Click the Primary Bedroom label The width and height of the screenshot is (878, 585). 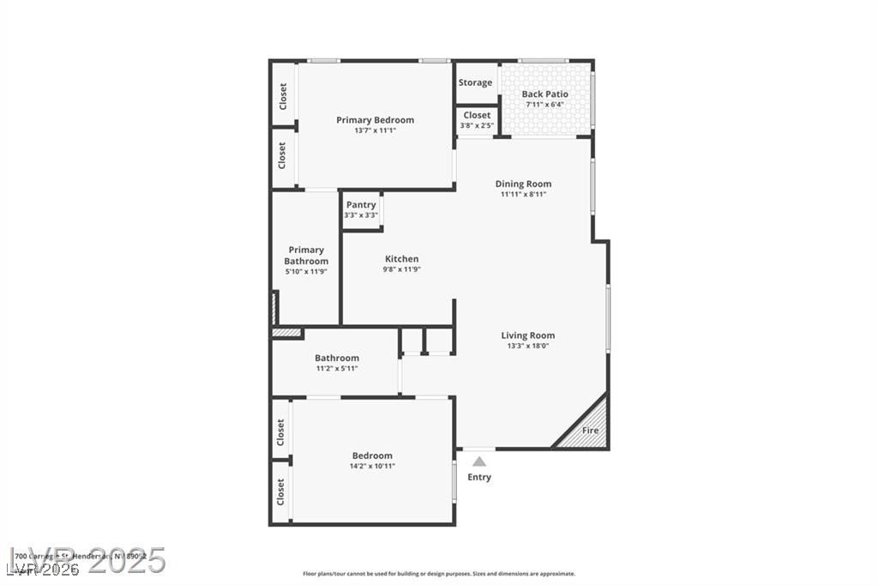[375, 120]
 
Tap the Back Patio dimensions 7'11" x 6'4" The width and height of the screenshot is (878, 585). [544, 105]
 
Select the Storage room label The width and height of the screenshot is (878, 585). [475, 82]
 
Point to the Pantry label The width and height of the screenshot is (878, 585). [361, 205]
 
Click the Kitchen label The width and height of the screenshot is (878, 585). [401, 259]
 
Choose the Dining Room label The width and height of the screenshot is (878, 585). [523, 184]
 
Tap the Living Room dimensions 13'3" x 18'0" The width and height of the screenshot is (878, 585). [527, 347]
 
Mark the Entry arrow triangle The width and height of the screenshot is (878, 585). [479, 461]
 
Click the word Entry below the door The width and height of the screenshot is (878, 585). [479, 477]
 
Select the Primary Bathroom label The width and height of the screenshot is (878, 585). [306, 256]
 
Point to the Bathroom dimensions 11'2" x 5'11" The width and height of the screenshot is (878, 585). [336, 369]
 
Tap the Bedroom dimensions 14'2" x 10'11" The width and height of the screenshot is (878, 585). [372, 467]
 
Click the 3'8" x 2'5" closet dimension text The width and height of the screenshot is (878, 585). [477, 126]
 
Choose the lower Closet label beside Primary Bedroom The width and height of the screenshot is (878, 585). [282, 157]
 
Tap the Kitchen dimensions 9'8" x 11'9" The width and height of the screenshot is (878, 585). [401, 269]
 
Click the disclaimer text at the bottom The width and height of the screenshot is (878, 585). [438, 574]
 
